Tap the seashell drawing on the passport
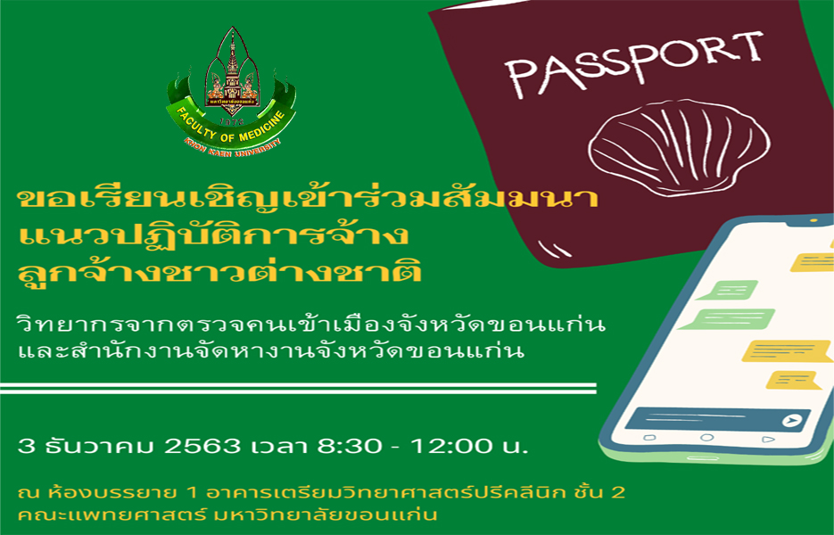[x=679, y=145]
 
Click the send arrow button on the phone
[x=792, y=421]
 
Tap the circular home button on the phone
[x=706, y=438]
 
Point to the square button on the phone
[x=649, y=438]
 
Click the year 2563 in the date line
[x=202, y=446]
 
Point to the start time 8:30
[x=350, y=446]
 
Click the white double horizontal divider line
[x=298, y=388]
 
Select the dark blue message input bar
[x=717, y=419]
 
